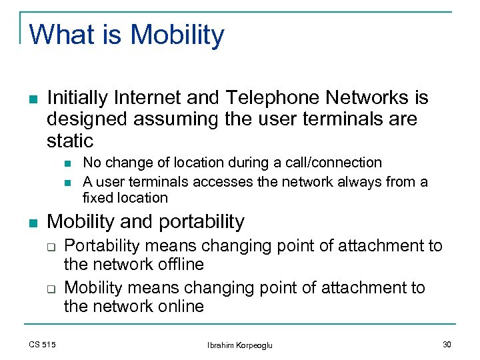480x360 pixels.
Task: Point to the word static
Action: tap(70, 141)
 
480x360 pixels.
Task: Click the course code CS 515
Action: tap(43, 344)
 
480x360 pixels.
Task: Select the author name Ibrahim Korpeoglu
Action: tap(239, 345)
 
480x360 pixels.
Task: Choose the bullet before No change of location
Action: tap(68, 163)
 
